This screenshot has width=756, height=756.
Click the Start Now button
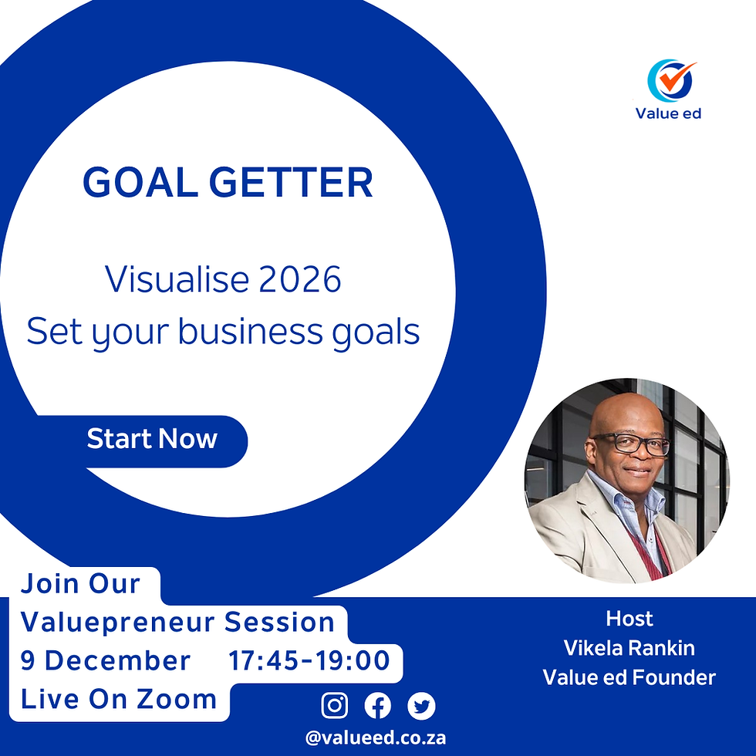(x=153, y=440)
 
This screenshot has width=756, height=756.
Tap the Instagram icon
(x=334, y=705)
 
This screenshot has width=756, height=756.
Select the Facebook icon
(x=378, y=705)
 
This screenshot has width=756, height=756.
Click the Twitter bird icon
(x=421, y=705)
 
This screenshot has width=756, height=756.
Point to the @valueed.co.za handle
(x=376, y=737)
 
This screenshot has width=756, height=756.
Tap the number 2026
(x=300, y=280)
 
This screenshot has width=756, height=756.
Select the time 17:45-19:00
(x=309, y=661)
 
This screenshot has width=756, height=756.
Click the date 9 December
(x=106, y=661)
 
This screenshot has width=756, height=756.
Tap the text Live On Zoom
(x=119, y=700)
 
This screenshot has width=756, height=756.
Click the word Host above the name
(x=629, y=619)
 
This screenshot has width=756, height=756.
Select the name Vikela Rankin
(x=629, y=648)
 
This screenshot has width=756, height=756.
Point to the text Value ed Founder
(x=629, y=677)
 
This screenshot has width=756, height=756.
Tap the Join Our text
(x=80, y=583)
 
